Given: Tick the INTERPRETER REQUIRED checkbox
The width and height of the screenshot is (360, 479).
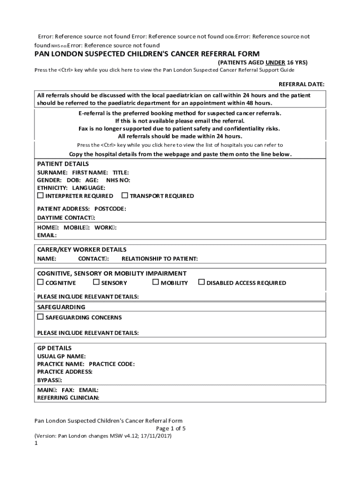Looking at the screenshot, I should (40, 196).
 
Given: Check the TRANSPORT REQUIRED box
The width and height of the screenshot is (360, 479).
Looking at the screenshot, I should (125, 196).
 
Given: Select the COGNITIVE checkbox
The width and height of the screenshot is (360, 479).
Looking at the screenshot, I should (40, 282).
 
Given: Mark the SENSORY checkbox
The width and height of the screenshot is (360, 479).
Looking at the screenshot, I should (96, 282).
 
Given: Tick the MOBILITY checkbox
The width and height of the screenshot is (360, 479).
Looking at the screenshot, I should (156, 282).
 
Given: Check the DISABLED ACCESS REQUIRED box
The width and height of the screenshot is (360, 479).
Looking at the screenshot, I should (202, 282).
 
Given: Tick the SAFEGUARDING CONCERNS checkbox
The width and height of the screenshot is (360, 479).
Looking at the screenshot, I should (40, 317).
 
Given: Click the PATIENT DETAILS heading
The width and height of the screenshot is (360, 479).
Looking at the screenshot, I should (63, 164).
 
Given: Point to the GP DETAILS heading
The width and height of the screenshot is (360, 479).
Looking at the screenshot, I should (54, 348).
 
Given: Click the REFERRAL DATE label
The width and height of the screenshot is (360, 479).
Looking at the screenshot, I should (301, 84).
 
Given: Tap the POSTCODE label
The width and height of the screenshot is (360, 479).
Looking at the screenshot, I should (110, 209).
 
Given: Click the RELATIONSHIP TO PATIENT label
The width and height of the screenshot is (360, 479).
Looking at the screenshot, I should (159, 259).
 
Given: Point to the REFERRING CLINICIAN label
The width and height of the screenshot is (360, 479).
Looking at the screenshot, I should (68, 398).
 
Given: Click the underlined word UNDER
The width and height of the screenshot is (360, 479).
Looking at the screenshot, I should (275, 62).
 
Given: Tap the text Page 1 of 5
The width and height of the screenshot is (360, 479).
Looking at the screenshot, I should (171, 428).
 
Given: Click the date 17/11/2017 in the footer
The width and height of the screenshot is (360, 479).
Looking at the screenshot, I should (156, 436).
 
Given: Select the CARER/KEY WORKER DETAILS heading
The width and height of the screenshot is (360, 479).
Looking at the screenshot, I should (81, 250).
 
